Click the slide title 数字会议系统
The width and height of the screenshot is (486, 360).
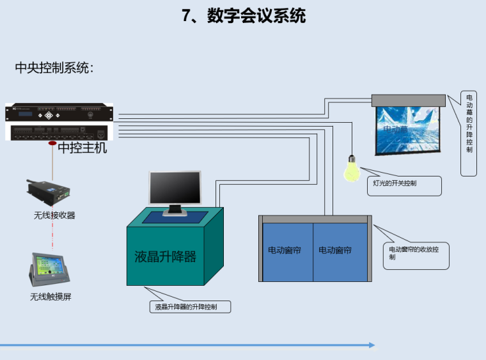tap(244, 15)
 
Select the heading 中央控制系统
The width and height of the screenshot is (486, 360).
tap(54, 68)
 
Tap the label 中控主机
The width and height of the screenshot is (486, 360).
tap(82, 148)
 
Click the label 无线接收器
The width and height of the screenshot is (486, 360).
tap(54, 215)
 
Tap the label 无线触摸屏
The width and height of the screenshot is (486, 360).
tap(51, 297)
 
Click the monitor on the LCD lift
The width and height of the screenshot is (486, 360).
tap(174, 190)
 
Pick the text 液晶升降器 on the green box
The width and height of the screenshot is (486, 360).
tap(165, 257)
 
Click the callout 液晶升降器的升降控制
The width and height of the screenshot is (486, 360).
tap(190, 307)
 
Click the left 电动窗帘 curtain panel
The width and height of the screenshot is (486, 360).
tap(288, 251)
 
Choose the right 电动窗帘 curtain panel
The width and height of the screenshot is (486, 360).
tap(340, 251)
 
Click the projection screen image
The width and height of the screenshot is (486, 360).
tap(407, 130)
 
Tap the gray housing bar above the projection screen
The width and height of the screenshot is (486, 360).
tap(408, 100)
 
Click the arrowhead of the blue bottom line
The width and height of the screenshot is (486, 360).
tap(372, 345)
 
